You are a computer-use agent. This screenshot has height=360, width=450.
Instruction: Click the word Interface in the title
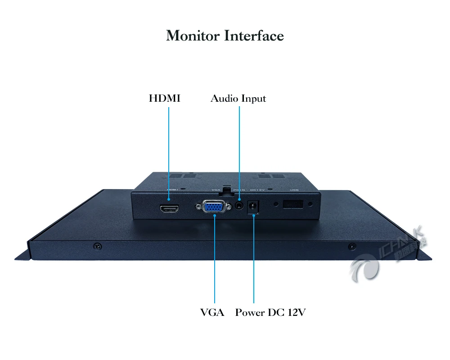point(254,36)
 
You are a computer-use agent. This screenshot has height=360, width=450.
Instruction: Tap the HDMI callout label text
point(165,98)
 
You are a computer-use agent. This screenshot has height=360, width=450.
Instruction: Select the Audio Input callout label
point(238,99)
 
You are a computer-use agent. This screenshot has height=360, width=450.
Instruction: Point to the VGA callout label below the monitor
point(212,312)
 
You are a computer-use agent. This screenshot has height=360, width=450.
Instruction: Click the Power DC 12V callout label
point(270,312)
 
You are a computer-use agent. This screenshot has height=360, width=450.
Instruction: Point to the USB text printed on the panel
point(294,190)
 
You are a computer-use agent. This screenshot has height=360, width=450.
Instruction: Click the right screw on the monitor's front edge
point(352,246)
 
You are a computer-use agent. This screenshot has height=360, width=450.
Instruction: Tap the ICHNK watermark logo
point(387,256)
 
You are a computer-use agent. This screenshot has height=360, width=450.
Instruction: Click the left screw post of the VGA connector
point(198,207)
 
